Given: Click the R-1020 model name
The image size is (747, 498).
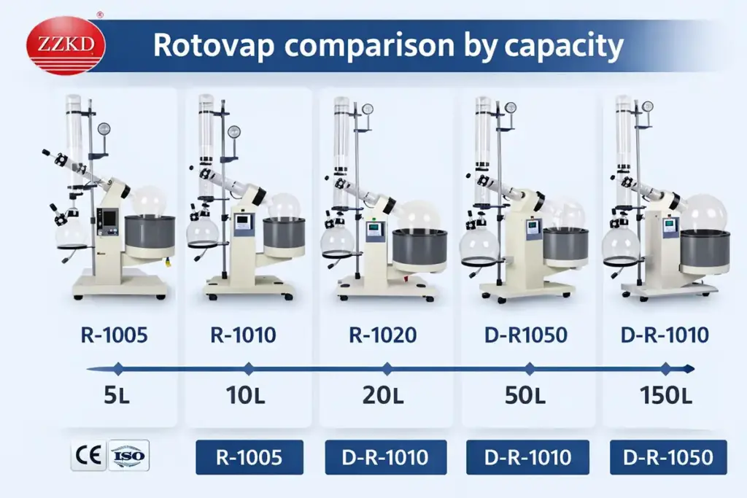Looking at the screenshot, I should pos(383,335).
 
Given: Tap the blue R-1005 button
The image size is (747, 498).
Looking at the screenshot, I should pos(249,458).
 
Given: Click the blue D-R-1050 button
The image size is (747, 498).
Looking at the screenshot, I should pos(668,458).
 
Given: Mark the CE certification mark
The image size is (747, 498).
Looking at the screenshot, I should pos(88,457).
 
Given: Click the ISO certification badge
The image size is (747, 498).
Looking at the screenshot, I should pos(128,457).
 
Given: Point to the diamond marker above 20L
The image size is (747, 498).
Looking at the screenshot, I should pos(387,368).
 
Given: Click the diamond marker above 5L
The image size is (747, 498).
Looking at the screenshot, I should pos(118,368).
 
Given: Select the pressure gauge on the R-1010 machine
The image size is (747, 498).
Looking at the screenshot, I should pos(234,132).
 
